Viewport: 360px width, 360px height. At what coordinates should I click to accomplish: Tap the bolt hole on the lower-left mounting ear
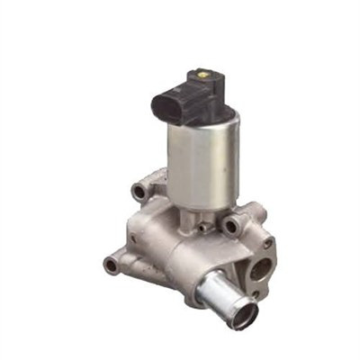[x=111, y=265]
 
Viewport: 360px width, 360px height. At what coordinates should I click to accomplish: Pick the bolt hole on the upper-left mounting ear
[x=140, y=191]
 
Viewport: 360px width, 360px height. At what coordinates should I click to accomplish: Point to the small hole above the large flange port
[x=268, y=243]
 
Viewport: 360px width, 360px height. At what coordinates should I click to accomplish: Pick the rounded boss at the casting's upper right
[x=256, y=214]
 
